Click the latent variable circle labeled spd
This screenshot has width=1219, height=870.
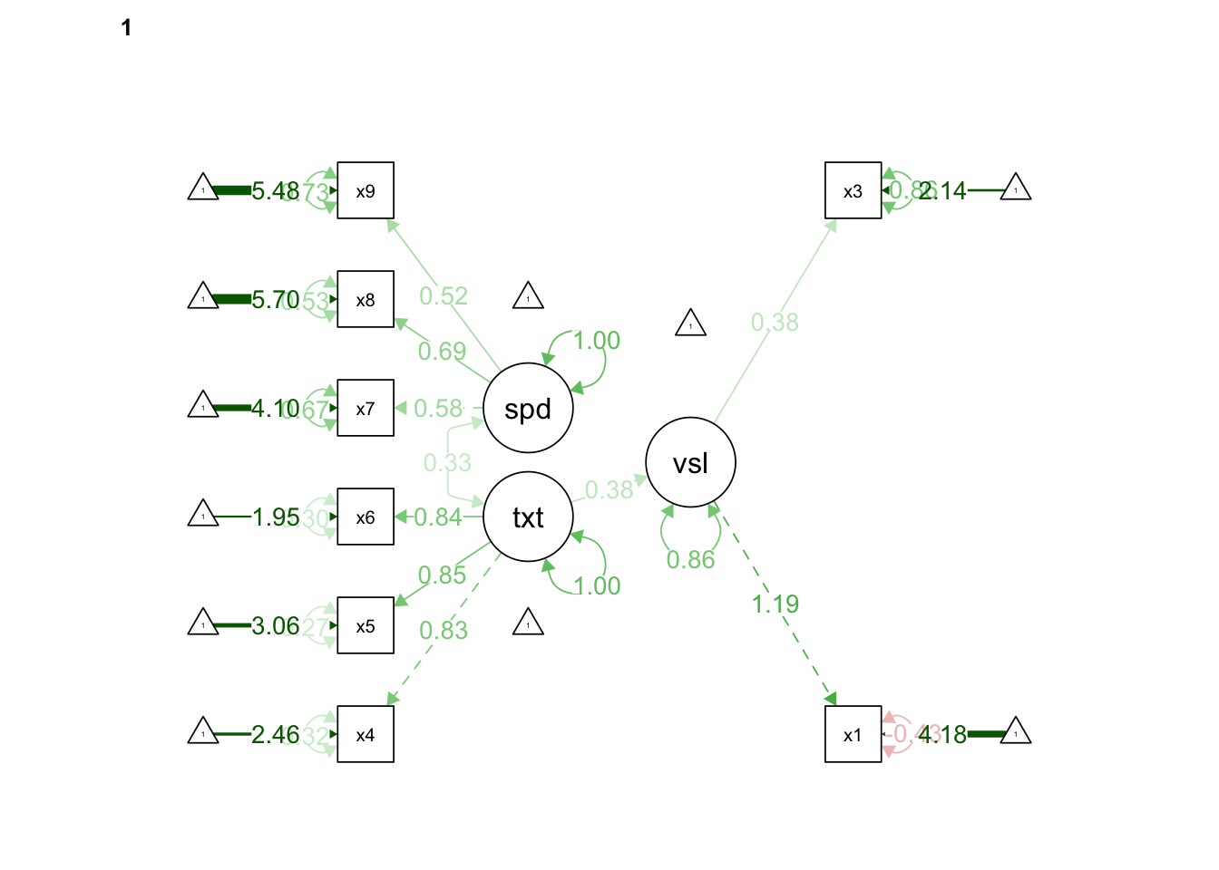[528, 408]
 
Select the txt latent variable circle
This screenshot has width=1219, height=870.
[528, 517]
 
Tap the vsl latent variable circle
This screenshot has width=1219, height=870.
[690, 462]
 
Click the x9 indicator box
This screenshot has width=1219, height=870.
[366, 190]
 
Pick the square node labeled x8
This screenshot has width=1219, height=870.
[366, 299]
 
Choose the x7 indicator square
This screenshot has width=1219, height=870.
[366, 408]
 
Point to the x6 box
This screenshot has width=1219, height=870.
[366, 517]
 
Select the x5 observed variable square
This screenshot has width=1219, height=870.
[366, 625]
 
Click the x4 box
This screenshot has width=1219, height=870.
[366, 734]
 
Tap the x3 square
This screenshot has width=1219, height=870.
[853, 190]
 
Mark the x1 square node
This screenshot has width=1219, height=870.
[853, 734]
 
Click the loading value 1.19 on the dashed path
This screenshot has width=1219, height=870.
[775, 604]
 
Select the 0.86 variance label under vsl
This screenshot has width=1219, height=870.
[690, 560]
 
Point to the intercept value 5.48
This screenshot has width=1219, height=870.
[274, 191]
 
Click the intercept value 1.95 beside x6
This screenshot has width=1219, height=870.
[275, 517]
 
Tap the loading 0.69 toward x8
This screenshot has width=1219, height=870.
[442, 352]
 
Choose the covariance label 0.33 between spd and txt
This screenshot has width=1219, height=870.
[447, 463]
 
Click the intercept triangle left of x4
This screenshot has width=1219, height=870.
[203, 730]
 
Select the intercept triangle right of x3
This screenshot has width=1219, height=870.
[1016, 188]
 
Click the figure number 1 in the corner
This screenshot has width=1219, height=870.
[126, 28]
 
